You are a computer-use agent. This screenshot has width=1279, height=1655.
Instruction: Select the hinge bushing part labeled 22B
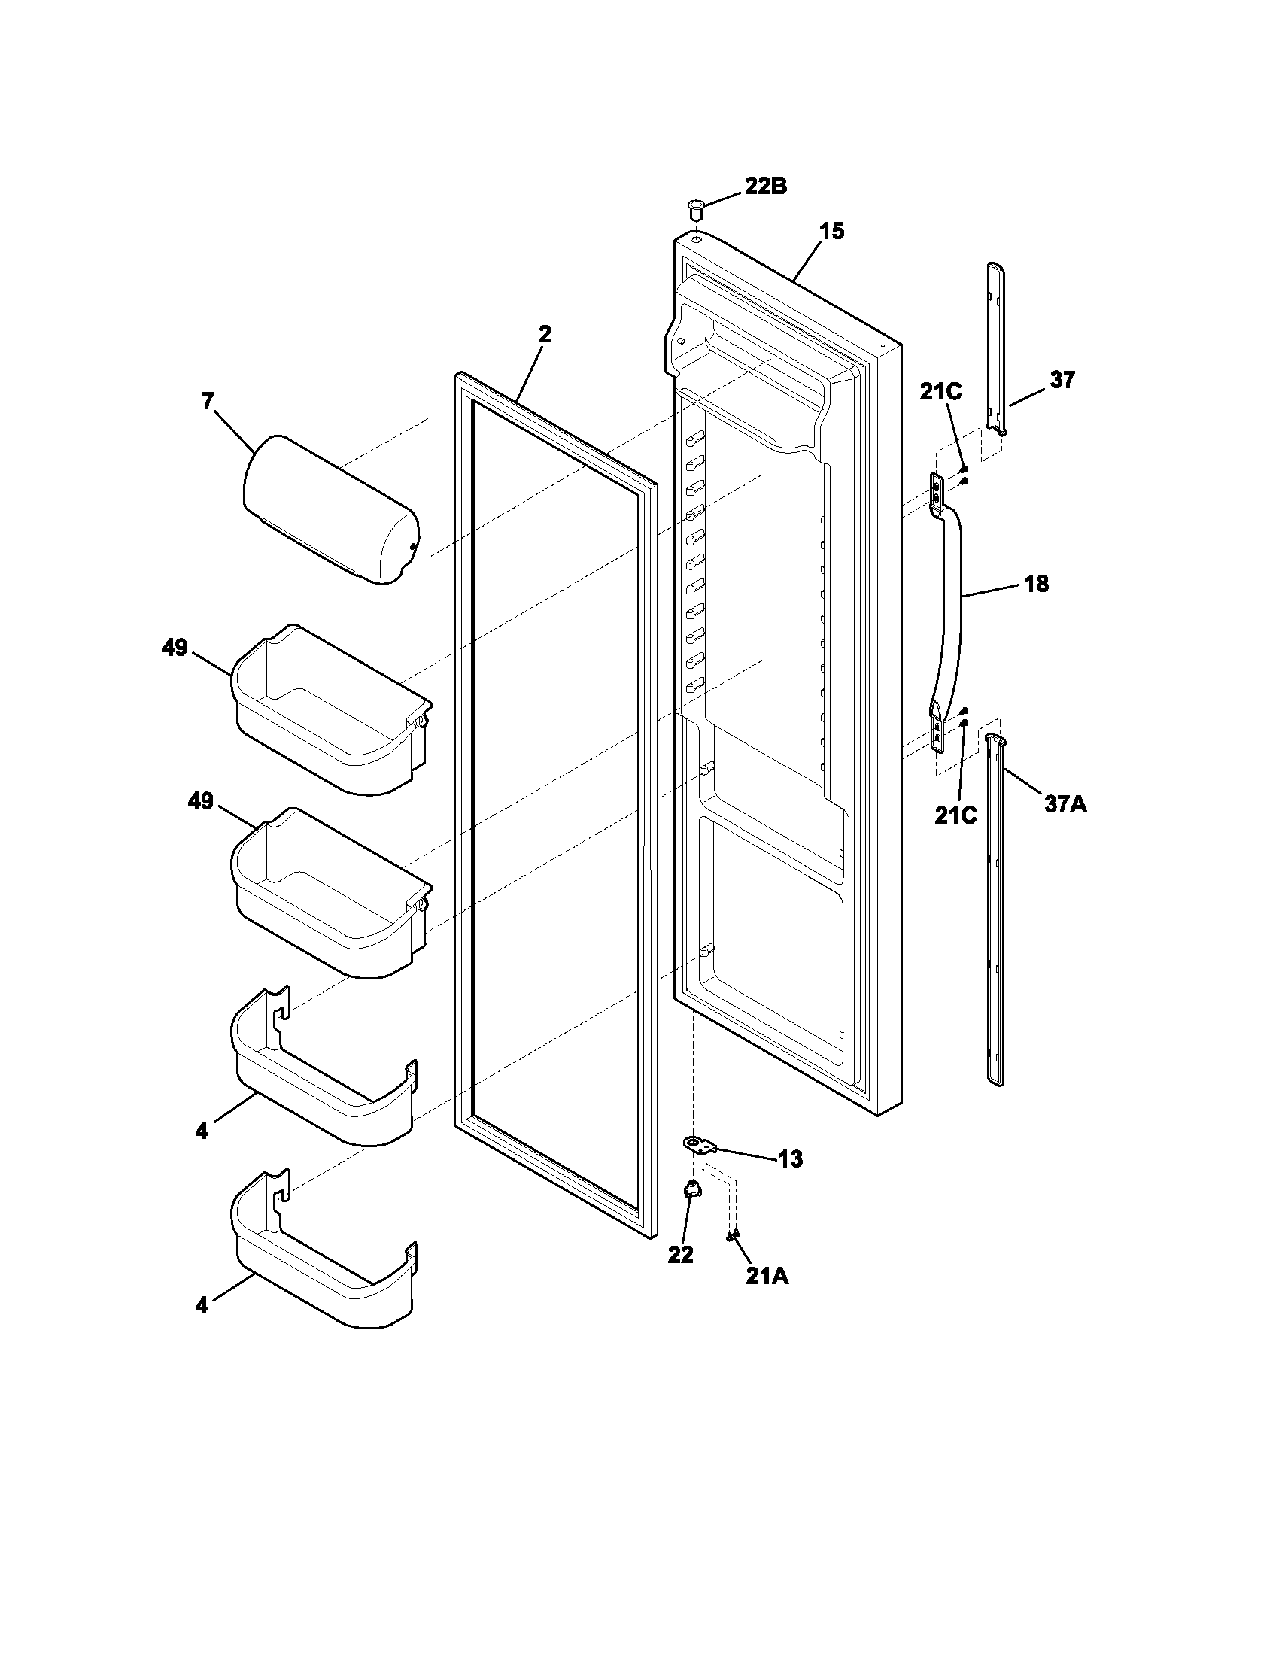(695, 206)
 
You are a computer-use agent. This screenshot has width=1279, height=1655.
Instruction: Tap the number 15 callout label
(831, 231)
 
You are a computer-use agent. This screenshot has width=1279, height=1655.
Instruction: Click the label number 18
(1036, 584)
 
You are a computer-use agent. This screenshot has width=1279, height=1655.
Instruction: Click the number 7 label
(208, 401)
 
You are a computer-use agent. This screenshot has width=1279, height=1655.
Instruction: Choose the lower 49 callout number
(201, 802)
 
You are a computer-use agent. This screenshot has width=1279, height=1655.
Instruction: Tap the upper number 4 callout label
(201, 1131)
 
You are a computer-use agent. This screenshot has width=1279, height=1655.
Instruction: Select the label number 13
(790, 1158)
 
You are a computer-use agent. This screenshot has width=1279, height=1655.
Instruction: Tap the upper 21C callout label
(941, 392)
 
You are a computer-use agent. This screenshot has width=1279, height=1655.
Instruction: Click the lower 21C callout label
(955, 815)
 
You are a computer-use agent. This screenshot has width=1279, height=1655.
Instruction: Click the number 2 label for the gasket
(545, 334)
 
